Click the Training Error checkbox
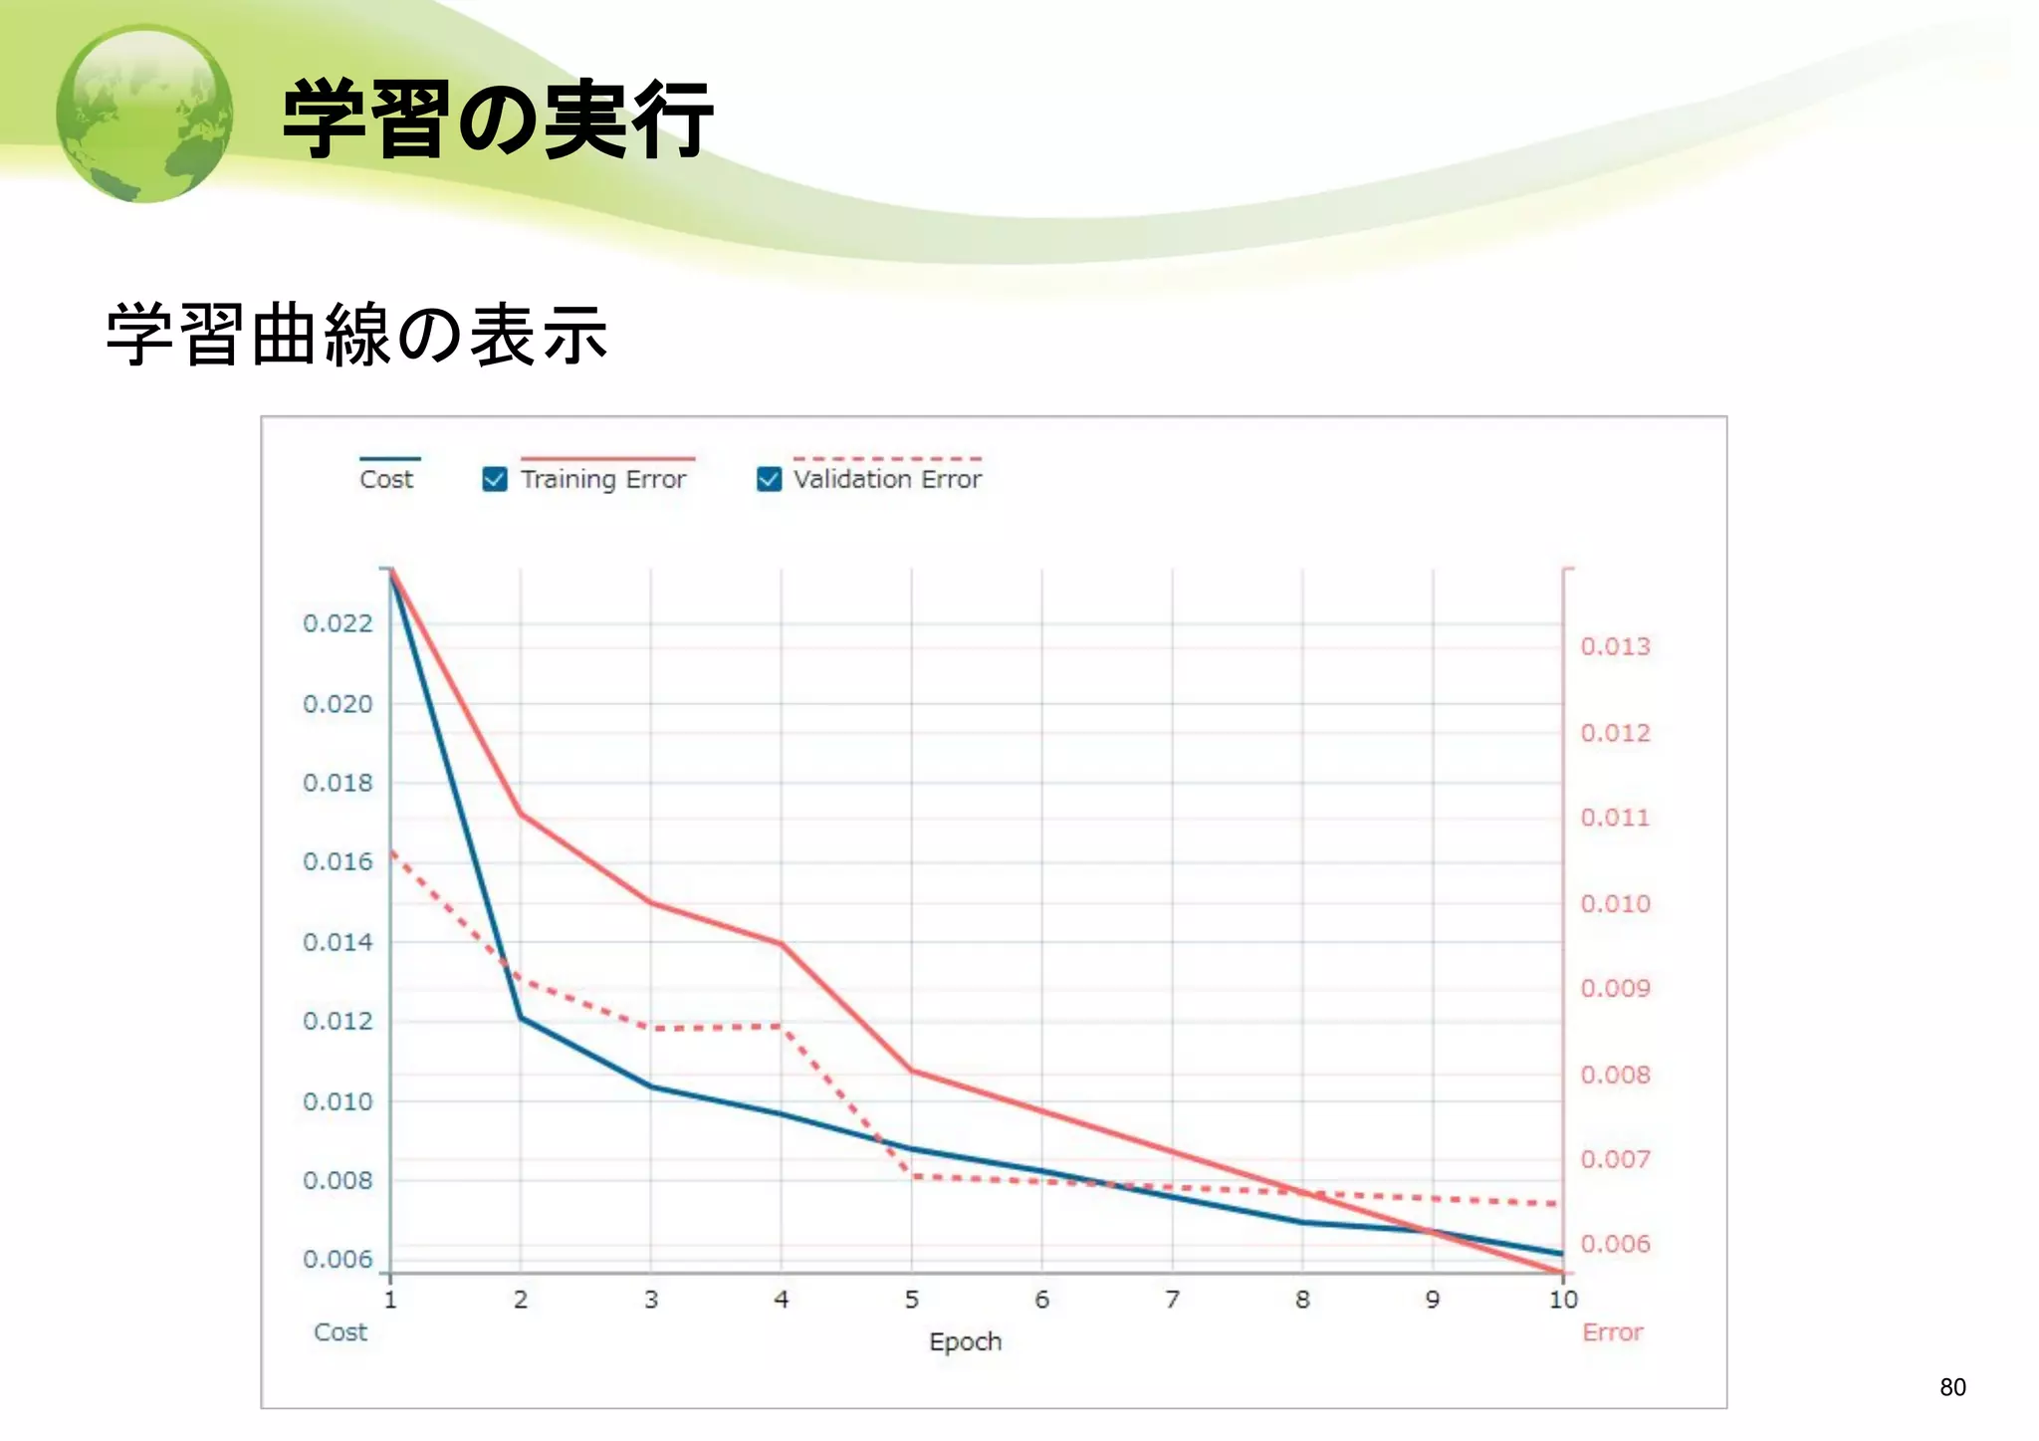[495, 480]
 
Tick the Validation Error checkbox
[769, 480]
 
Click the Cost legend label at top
[386, 480]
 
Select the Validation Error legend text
[887, 480]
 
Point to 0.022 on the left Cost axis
[338, 623]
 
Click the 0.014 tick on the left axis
[338, 942]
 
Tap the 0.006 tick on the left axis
[338, 1260]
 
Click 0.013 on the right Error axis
[1615, 647]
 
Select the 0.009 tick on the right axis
[1615, 989]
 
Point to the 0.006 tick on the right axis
[1615, 1244]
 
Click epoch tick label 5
[911, 1300]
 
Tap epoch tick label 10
[1563, 1300]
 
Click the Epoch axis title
[965, 1342]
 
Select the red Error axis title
[1612, 1332]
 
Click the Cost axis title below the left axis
[340, 1332]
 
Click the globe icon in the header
[145, 114]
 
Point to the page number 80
[1952, 1387]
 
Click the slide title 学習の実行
[498, 120]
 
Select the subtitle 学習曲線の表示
[356, 335]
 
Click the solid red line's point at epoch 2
[521, 815]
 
